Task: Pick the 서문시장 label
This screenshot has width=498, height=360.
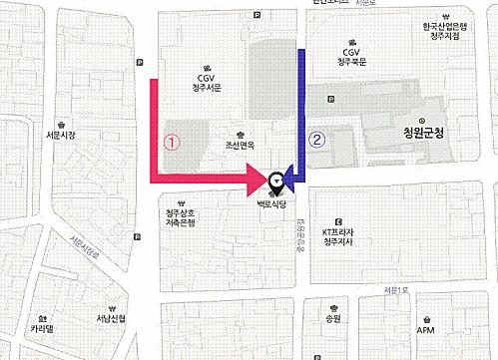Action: tap(62, 136)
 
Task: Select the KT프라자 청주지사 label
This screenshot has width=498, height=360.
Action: tap(339, 235)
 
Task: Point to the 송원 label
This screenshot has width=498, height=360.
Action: tap(332, 319)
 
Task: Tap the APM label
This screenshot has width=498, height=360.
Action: tap(426, 330)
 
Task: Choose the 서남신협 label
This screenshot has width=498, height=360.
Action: tap(111, 319)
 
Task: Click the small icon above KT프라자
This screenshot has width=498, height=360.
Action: tap(338, 221)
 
